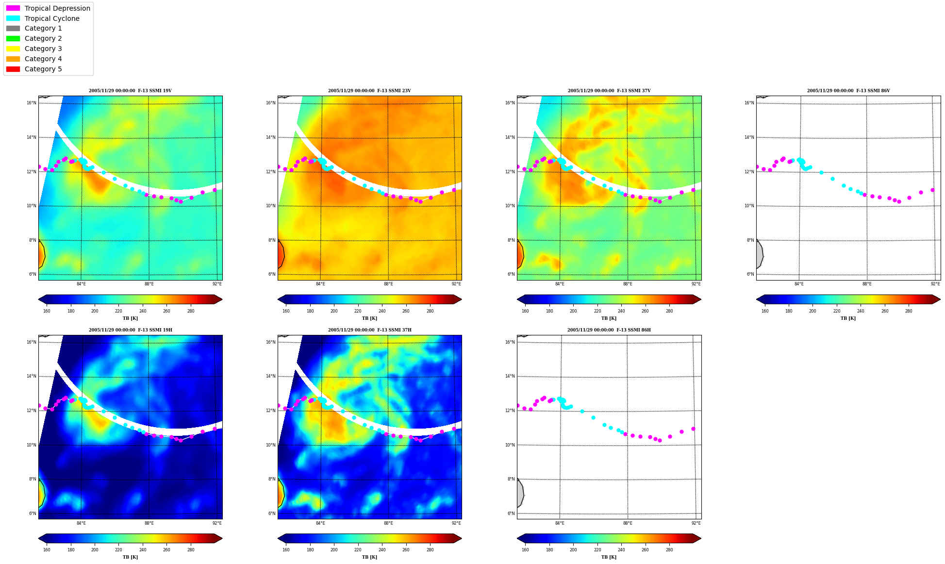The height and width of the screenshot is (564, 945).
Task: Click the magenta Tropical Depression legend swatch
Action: coord(13,8)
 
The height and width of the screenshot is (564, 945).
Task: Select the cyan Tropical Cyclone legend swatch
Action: coord(13,18)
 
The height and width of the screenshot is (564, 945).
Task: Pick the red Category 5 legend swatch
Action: coord(13,69)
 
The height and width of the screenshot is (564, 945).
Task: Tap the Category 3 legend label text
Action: coord(43,49)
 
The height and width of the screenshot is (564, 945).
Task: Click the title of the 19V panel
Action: coord(130,91)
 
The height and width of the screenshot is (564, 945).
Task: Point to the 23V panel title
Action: coord(369,91)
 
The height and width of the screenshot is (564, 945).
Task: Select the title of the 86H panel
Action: coord(609,330)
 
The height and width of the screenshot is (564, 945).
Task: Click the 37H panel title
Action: coord(369,330)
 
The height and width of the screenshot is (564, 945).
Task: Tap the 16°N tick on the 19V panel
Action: coord(32,103)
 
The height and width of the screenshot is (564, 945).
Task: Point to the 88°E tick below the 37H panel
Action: coord(388,523)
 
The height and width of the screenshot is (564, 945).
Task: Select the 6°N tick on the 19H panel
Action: coord(33,514)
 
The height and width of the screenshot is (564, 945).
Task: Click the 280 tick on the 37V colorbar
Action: coord(669,311)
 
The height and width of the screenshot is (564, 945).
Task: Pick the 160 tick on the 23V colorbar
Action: coord(286,311)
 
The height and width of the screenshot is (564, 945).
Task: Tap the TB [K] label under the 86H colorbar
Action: coord(609,557)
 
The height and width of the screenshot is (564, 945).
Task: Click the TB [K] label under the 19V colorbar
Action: coord(130,318)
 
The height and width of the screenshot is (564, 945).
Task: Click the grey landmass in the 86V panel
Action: coord(759,255)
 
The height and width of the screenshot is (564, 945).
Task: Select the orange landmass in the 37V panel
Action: coord(520,255)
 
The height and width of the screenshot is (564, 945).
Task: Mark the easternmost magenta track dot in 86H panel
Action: coord(693,429)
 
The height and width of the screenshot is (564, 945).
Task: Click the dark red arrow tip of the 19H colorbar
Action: coord(222,538)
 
